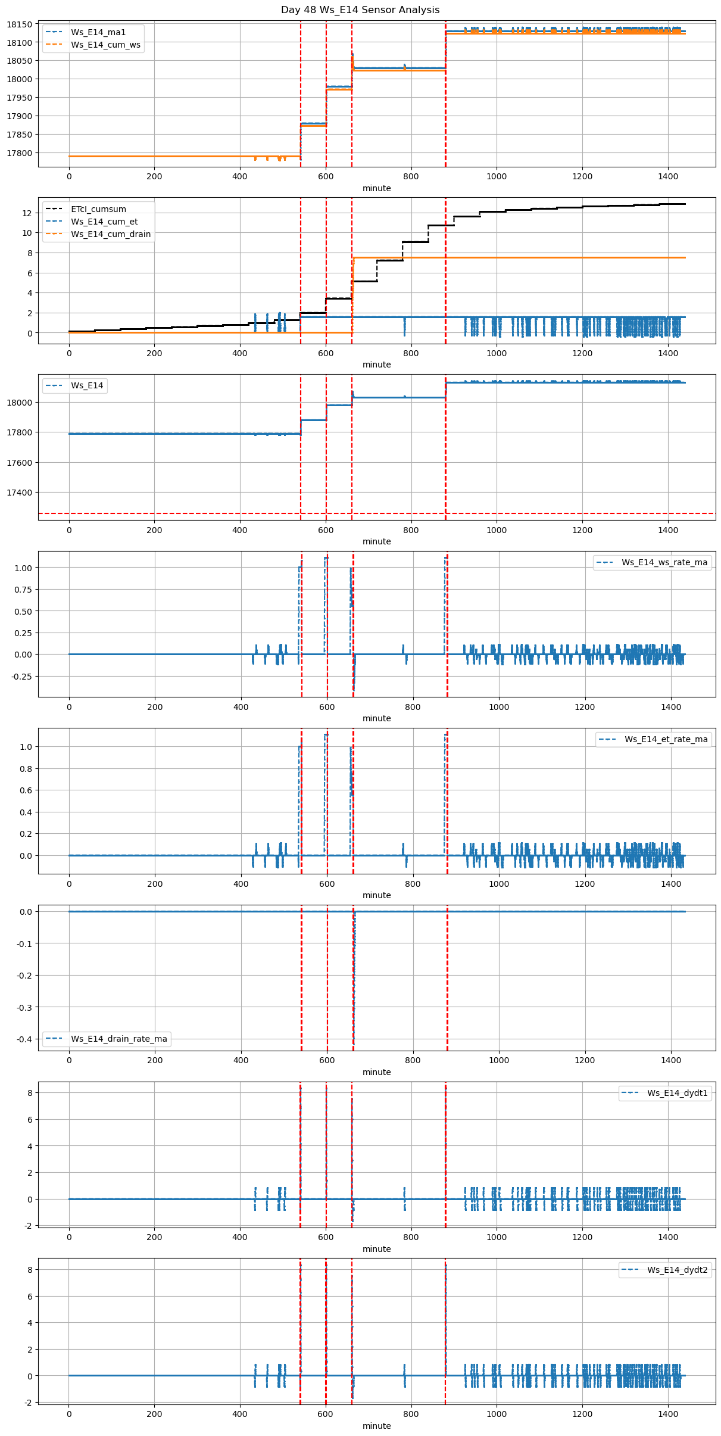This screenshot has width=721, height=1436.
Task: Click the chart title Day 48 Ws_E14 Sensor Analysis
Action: [360, 10]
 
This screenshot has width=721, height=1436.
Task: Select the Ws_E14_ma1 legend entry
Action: [98, 32]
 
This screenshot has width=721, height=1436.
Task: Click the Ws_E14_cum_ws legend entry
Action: [105, 45]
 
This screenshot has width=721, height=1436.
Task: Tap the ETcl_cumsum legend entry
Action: [98, 209]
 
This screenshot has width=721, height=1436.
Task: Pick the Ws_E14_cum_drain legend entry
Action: [111, 234]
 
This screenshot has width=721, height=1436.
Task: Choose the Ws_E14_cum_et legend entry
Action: [104, 222]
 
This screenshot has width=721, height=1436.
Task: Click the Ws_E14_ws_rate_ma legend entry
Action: [664, 562]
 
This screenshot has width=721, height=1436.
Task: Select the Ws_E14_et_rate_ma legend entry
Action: [666, 739]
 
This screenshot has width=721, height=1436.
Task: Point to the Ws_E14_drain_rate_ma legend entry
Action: [119, 1039]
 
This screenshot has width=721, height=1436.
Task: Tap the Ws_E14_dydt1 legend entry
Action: [678, 1093]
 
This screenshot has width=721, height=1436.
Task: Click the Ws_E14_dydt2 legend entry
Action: [678, 1270]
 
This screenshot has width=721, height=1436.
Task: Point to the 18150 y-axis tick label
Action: [20, 24]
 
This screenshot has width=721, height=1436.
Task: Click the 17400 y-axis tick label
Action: [20, 493]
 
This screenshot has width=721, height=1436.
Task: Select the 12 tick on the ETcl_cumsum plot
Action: [26, 213]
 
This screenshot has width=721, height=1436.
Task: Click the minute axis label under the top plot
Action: [377, 188]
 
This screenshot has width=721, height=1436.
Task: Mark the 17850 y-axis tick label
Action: [20, 135]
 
